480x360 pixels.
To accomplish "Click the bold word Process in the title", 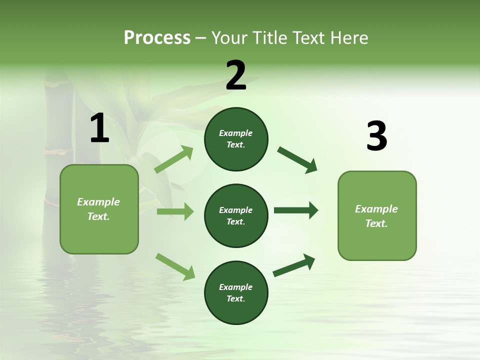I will point(157,37).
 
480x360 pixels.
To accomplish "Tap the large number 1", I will point(99,128).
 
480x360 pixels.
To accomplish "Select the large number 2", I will point(236,75).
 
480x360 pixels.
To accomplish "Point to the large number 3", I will point(376,136).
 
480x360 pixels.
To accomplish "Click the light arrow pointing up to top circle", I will point(173,160).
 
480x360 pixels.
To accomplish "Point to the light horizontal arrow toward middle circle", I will point(175,211).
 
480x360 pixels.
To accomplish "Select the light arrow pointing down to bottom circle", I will point(175,266).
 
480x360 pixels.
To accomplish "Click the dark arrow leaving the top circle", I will point(297,160).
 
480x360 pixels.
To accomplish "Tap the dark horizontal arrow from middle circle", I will point(296,210).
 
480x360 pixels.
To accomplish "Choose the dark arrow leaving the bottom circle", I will point(294,265).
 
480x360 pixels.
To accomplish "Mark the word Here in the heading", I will point(349,37).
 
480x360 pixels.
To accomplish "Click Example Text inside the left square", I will point(98,209).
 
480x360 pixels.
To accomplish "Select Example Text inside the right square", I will point(376,216).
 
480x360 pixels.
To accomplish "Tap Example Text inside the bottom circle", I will point(235,293).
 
